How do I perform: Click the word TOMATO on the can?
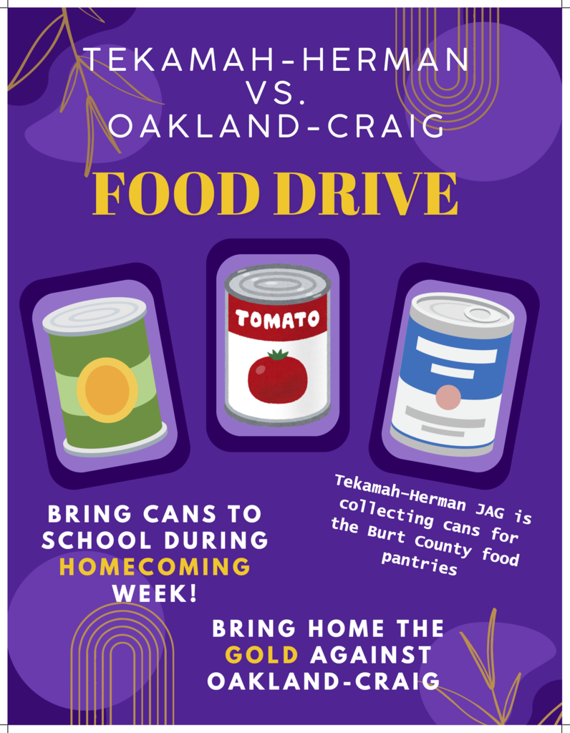278,319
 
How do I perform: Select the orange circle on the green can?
107,389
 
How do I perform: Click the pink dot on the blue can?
448,397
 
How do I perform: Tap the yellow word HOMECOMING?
155,567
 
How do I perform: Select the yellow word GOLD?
262,654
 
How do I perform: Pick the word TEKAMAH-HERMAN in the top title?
278,59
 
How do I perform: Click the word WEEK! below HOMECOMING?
155,593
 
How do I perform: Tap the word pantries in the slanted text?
420,564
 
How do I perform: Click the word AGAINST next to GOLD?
371,654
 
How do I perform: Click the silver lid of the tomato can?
278,280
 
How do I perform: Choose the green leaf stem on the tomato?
279,355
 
